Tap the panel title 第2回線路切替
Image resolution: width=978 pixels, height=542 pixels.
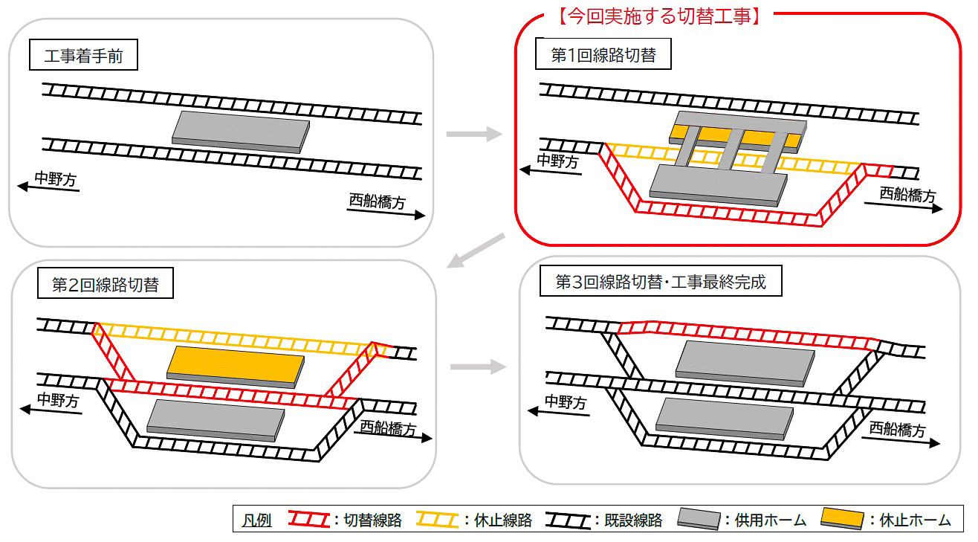click(x=105, y=285)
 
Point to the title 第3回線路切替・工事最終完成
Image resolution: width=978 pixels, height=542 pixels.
click(x=661, y=283)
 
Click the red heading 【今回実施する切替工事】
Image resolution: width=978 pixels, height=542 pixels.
click(x=658, y=16)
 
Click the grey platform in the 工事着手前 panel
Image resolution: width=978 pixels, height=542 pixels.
click(x=240, y=132)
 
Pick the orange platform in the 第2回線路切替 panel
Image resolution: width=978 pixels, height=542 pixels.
click(x=235, y=367)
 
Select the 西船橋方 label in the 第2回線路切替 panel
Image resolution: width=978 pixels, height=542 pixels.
click(x=388, y=428)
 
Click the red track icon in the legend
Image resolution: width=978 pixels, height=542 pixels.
click(x=308, y=520)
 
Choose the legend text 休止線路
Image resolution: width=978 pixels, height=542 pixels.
click(x=503, y=520)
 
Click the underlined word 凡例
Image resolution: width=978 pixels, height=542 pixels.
click(x=256, y=520)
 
